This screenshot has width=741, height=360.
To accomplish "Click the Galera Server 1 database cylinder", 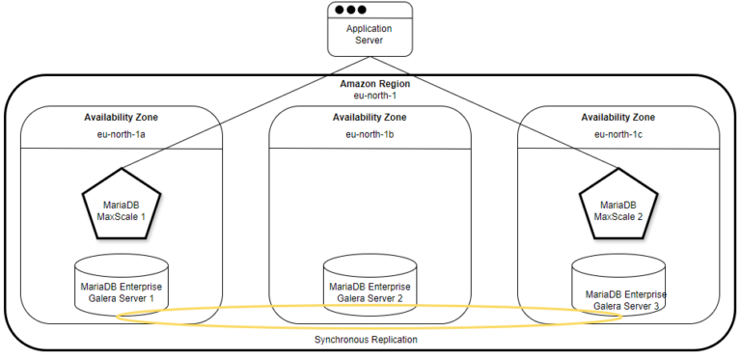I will [122, 285].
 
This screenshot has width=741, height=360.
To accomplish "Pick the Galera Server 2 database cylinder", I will [370, 286].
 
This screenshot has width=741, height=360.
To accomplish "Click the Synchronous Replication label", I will [370, 340].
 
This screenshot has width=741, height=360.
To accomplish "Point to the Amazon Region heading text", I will [370, 84].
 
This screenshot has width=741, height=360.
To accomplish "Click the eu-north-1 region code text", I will [370, 97].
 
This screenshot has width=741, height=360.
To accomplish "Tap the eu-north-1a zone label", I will [122, 134].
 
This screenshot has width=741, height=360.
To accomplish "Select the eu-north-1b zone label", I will [370, 134].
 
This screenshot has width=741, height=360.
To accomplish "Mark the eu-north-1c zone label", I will [618, 134].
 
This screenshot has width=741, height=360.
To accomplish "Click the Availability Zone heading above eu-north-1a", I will [122, 117].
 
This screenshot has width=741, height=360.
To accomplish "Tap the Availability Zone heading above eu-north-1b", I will [370, 117].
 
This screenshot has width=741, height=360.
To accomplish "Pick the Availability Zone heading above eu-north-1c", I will [618, 117].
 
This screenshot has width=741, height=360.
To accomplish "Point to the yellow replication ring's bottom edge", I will [370, 329].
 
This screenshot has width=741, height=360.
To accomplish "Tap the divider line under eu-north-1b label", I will [370, 149].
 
